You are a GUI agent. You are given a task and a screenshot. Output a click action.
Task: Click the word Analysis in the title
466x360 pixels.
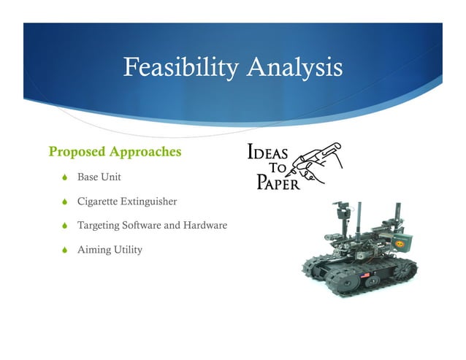coord(295,68)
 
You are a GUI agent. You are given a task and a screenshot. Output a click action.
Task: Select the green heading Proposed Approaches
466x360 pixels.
coord(114,152)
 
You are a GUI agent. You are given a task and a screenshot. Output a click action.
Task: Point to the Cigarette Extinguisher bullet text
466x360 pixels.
coord(127,201)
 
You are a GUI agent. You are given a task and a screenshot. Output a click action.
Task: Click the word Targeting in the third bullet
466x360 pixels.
coord(102,225)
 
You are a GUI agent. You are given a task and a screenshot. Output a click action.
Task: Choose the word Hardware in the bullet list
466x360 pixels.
coord(205,225)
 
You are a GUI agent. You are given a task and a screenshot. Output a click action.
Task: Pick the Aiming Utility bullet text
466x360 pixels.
coord(110,250)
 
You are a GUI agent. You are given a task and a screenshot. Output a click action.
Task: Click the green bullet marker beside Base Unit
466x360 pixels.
coord(65,177)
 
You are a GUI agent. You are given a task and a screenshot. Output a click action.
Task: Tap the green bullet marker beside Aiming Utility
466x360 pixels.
coord(65,250)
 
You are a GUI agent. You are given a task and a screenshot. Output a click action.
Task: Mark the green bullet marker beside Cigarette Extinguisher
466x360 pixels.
coord(65,202)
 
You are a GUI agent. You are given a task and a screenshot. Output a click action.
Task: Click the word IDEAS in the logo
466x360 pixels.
coord(269,153)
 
